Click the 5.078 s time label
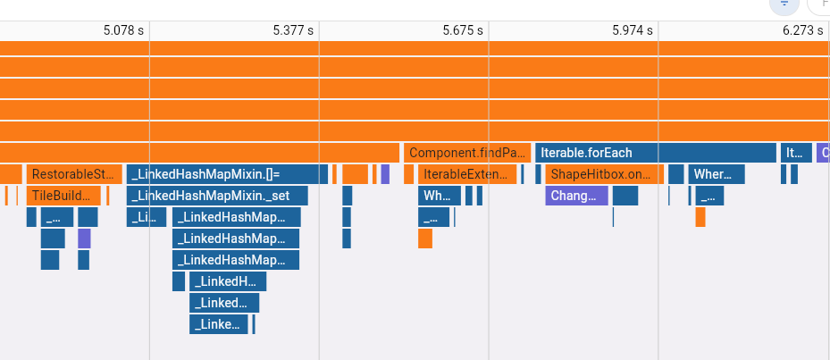[123, 29]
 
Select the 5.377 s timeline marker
[293, 29]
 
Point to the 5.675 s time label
[463, 29]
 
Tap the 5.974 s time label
[633, 29]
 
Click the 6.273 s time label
[802, 29]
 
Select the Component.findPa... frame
[467, 153]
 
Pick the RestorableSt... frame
[74, 174]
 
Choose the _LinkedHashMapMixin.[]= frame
[227, 174]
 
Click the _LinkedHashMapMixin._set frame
[217, 196]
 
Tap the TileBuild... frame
[63, 196]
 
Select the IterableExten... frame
[467, 174]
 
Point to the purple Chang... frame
[576, 196]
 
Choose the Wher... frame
[717, 174]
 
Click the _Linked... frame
[223, 303]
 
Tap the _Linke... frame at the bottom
[218, 324]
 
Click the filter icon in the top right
[784, 4]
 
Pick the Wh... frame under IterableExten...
[440, 196]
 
